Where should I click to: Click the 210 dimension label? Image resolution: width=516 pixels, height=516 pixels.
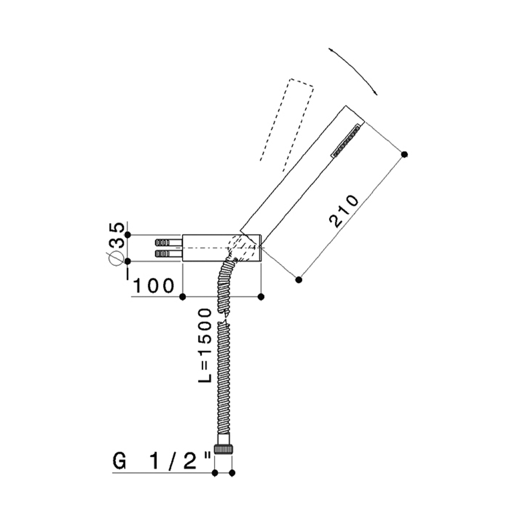coord(344,211)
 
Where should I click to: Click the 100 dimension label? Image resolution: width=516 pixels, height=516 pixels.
coord(154,286)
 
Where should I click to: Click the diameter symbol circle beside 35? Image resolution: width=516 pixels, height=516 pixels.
coord(116,259)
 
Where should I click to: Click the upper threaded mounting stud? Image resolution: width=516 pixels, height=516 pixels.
coord(169,243)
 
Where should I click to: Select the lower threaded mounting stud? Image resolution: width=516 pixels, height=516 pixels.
coord(169,253)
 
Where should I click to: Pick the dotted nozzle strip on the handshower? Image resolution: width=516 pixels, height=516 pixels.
coord(346,140)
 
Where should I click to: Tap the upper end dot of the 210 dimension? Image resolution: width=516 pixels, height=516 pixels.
coord(405,154)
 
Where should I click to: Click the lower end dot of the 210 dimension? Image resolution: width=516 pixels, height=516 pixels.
coord(298,280)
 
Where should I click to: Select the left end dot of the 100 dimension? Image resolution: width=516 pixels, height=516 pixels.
coord(182,297)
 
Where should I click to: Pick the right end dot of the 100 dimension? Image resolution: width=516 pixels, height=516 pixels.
coord(261,297)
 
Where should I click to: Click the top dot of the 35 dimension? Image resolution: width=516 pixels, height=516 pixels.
coord(128,235)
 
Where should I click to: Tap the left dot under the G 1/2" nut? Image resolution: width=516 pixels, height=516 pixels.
coord(215,481)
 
